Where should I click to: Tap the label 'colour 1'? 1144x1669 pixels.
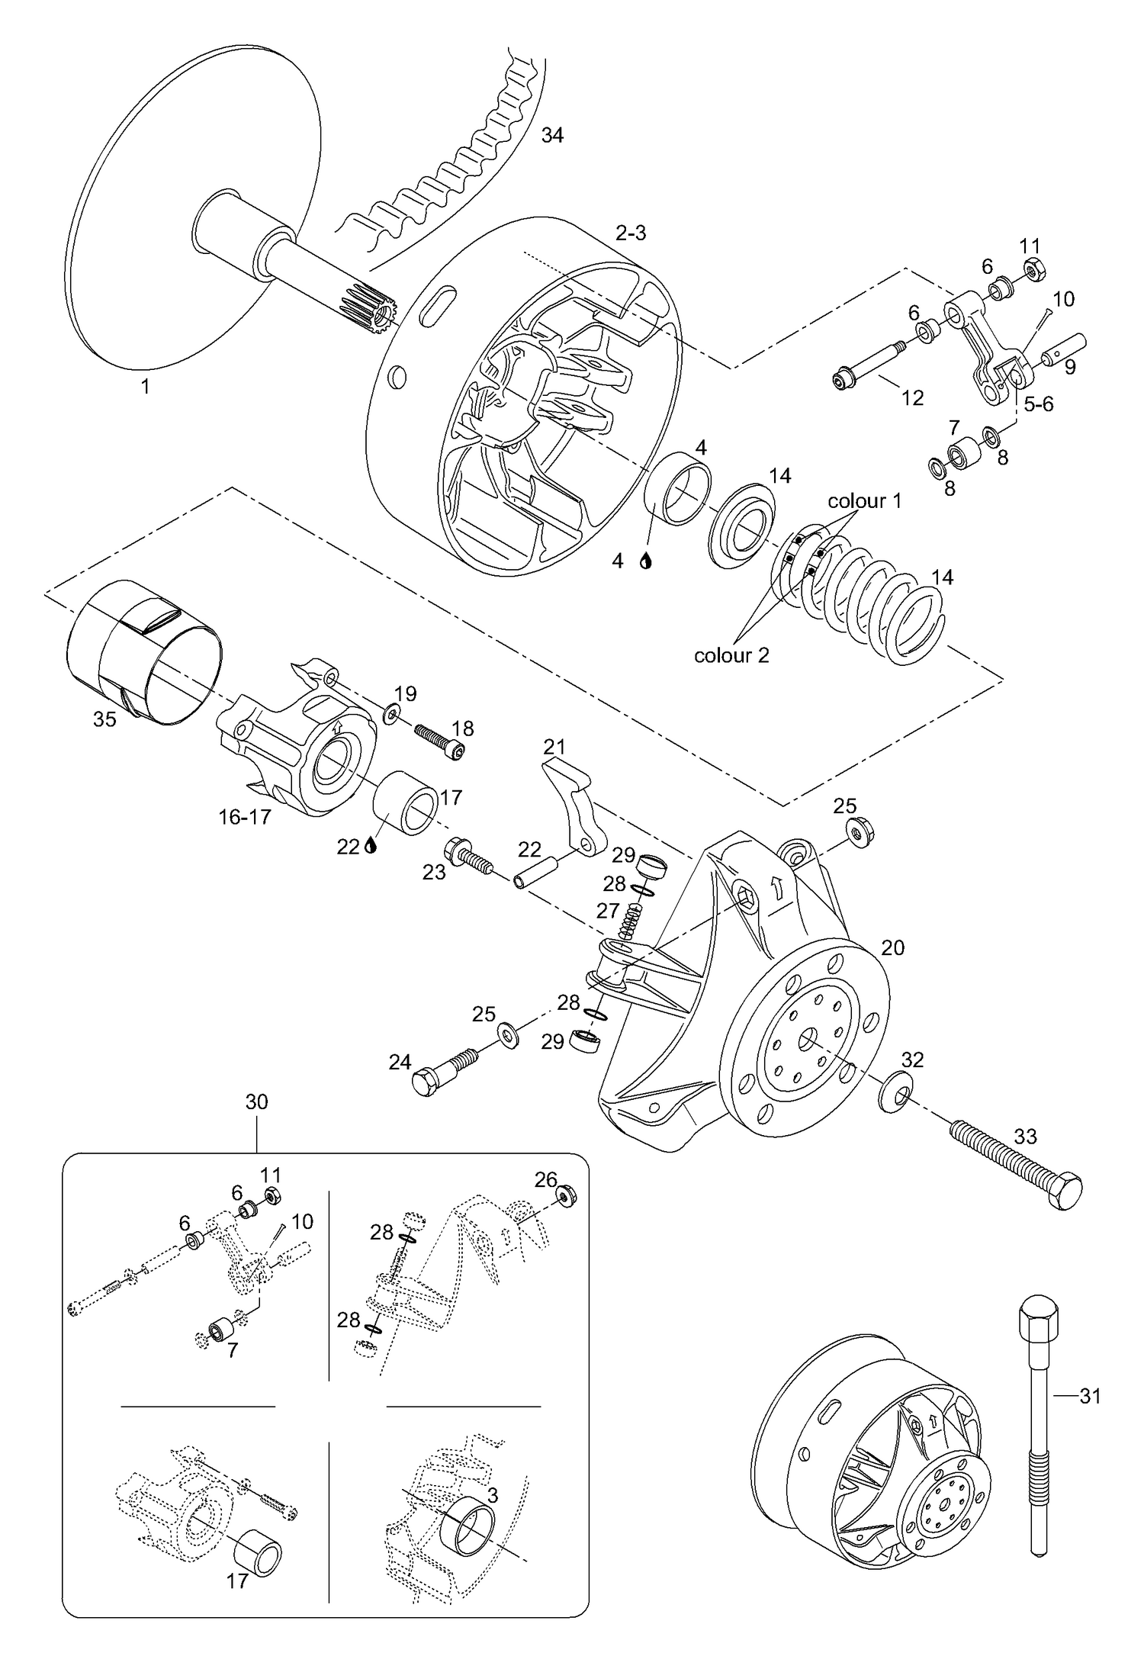pyautogui.click(x=864, y=500)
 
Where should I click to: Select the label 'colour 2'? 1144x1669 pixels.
pyautogui.click(x=731, y=654)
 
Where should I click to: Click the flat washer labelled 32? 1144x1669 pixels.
pyautogui.click(x=894, y=1095)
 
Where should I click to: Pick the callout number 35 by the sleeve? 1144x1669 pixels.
pyautogui.click(x=104, y=719)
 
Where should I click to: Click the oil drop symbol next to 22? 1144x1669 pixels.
pyautogui.click(x=371, y=845)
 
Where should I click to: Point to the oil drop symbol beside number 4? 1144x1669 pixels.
pyautogui.click(x=646, y=561)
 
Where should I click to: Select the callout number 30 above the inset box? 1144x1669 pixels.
pyautogui.click(x=257, y=1101)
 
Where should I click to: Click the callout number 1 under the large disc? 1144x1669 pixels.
pyautogui.click(x=145, y=387)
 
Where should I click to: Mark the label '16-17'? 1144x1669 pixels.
pyautogui.click(x=245, y=817)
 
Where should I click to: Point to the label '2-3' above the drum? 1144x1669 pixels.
pyautogui.click(x=631, y=233)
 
